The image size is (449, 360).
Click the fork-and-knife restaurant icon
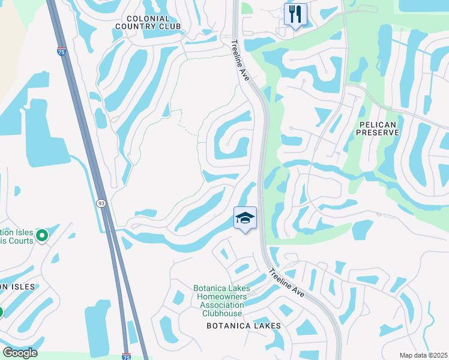pos(295,14)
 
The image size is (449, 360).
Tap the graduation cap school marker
pos(245,218)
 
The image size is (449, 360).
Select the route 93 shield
pos(101,203)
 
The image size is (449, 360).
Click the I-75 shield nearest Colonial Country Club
pos(62,52)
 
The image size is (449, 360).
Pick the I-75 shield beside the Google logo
pos(126,356)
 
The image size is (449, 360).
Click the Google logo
pos(20,353)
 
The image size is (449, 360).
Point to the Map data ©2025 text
pos(423,355)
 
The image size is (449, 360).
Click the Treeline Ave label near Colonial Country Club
pos(240,58)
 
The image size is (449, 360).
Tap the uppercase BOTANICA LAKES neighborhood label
pos(243,326)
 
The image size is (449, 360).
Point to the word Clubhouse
pos(222,313)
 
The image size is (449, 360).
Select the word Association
pos(222,305)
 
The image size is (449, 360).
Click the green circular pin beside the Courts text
pos(42,236)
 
